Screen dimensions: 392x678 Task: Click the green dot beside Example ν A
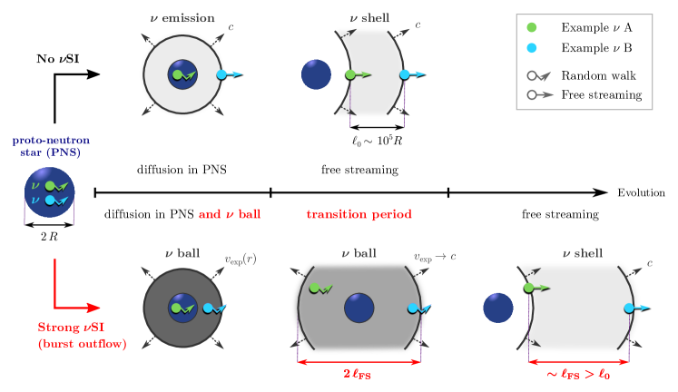pyautogui.click(x=532, y=28)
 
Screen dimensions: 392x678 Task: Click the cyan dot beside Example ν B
pyautogui.click(x=532, y=48)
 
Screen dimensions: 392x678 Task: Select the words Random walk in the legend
pyautogui.click(x=598, y=75)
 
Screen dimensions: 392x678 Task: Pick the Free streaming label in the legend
pyautogui.click(x=601, y=94)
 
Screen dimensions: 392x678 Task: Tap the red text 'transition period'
pyautogui.click(x=359, y=215)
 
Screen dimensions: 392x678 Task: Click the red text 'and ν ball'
pyautogui.click(x=230, y=215)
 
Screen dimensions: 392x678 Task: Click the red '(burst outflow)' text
pyautogui.click(x=82, y=344)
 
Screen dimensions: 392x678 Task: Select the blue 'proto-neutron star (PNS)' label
pyautogui.click(x=50, y=148)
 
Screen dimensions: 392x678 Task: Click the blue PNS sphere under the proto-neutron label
pyautogui.click(x=49, y=192)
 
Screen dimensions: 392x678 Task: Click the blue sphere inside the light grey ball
pyautogui.click(x=359, y=308)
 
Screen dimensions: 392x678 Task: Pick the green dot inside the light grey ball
pyautogui.click(x=314, y=288)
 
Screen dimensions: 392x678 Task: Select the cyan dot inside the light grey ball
pyautogui.click(x=412, y=308)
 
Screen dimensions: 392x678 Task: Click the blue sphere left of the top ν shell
pyautogui.click(x=316, y=74)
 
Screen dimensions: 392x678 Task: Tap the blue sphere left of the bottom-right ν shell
pyautogui.click(x=497, y=308)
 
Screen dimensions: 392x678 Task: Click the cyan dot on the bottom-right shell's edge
pyautogui.click(x=628, y=308)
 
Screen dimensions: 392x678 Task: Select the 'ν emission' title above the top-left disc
pyautogui.click(x=182, y=17)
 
